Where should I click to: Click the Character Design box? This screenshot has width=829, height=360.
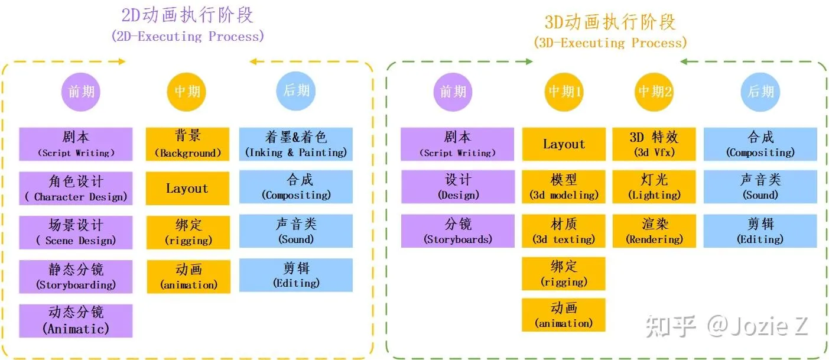[x=76, y=189]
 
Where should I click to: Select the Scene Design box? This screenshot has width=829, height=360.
[x=76, y=232]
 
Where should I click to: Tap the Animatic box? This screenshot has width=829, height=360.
[x=76, y=320]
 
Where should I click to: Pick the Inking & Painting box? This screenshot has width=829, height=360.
[x=295, y=144]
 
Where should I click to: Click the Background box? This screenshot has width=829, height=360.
[x=187, y=144]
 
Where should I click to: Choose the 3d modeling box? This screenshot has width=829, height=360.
[x=564, y=187]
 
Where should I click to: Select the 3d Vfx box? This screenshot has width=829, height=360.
[x=654, y=144]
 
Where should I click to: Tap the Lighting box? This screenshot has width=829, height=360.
[x=654, y=187]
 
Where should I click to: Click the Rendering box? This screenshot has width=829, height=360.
[x=654, y=231]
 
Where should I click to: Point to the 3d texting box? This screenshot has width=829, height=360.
[x=564, y=231]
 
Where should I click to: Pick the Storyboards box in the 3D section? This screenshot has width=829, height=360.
[x=457, y=231]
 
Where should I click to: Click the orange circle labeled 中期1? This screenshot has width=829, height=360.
[x=564, y=92]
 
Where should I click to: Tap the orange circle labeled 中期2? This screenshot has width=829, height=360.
[x=654, y=92]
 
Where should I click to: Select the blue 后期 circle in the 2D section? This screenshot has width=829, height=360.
[x=296, y=90]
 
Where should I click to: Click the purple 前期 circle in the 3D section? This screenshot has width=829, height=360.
[x=453, y=92]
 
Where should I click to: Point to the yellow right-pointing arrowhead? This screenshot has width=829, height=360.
[x=121, y=61]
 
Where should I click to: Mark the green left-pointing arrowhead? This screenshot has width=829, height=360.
[x=684, y=61]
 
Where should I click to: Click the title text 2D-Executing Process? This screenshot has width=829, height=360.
[x=187, y=37]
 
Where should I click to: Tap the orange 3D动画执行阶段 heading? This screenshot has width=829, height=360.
[x=610, y=22]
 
